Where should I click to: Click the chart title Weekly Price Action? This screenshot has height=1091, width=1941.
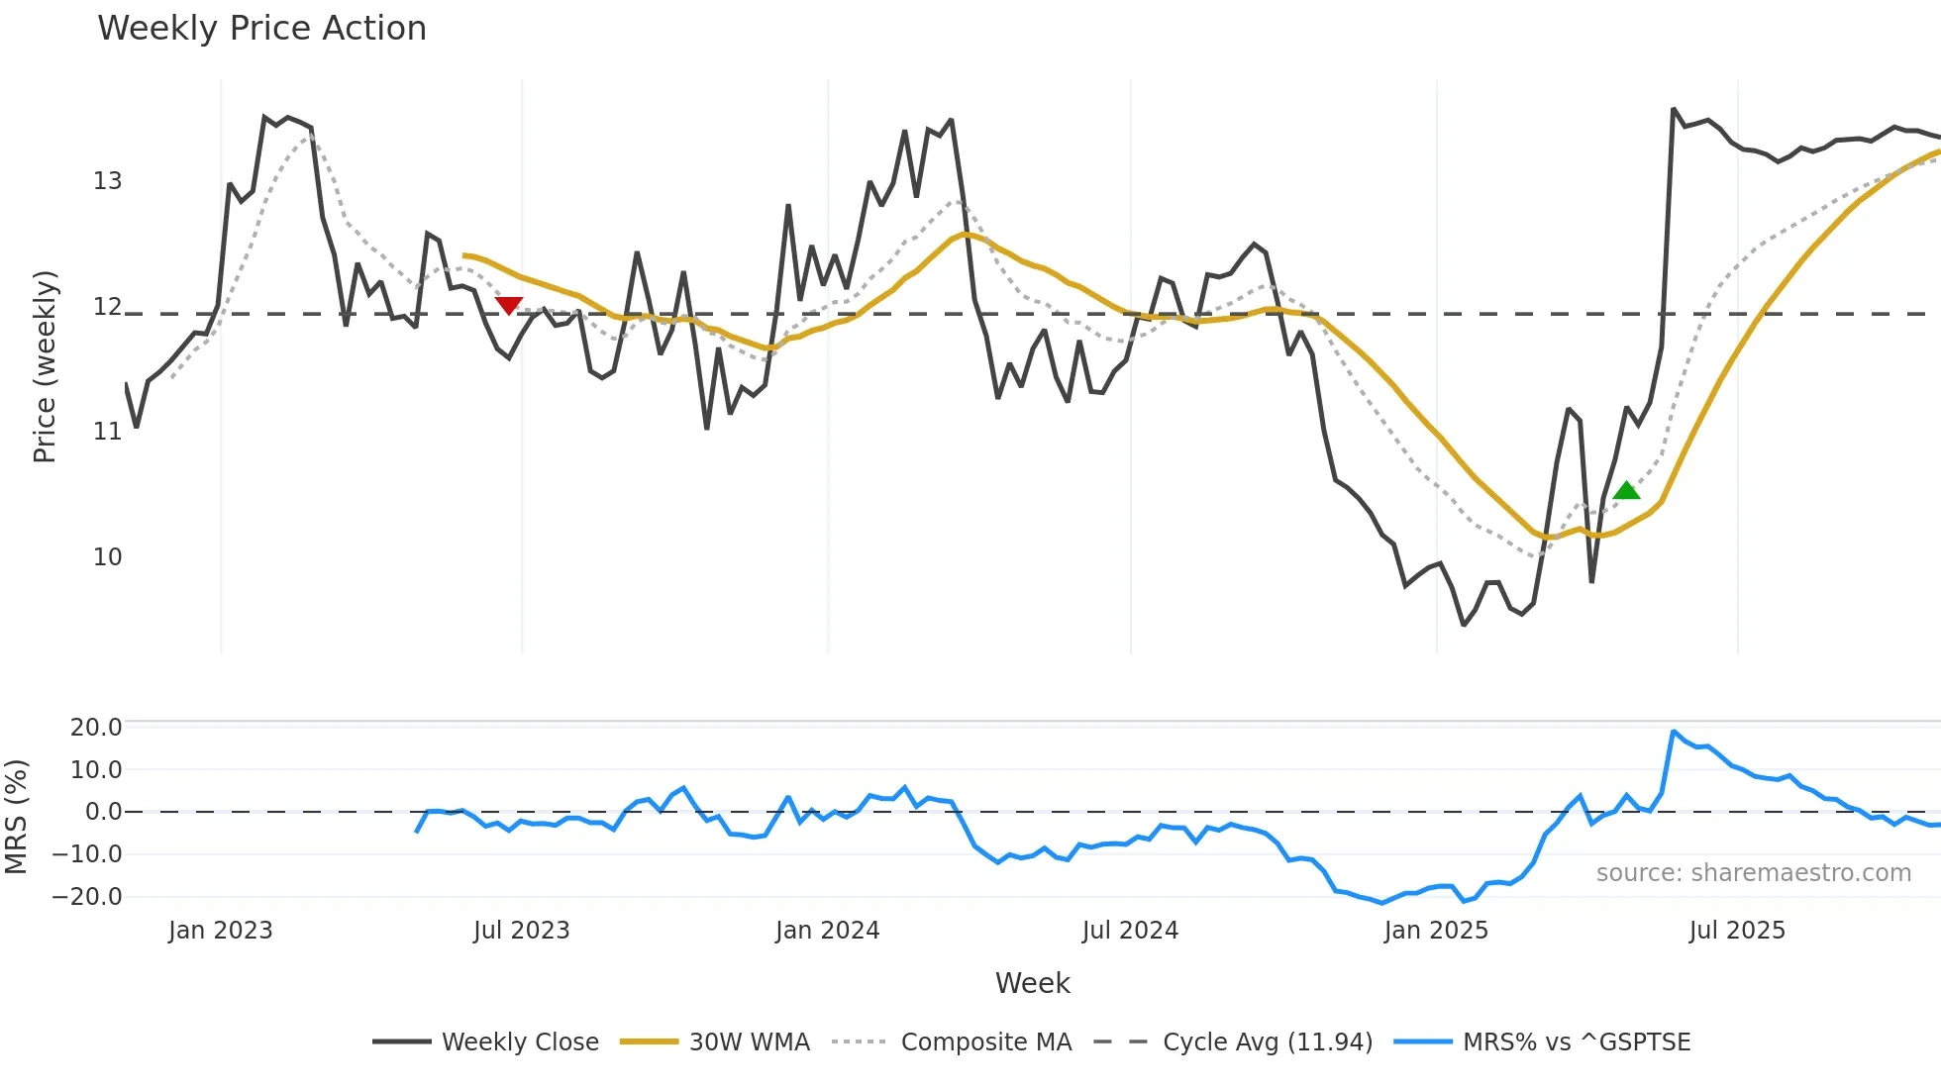point(261,29)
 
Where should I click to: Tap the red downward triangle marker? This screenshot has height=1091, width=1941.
point(509,305)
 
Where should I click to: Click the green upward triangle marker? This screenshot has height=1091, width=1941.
point(1626,490)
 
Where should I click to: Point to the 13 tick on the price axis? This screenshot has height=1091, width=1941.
point(107,181)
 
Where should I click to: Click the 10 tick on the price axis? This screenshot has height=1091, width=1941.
point(107,557)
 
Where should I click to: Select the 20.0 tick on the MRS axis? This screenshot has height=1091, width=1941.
point(96,728)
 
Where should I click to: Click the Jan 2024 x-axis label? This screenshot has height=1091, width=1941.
point(827,931)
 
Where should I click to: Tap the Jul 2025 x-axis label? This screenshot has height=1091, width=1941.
point(1737,931)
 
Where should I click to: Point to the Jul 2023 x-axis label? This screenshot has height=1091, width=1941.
point(521,931)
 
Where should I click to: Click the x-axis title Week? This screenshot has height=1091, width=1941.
point(1032,983)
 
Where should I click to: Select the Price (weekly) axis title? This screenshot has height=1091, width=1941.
point(45,366)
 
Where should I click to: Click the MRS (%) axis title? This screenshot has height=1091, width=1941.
point(16,817)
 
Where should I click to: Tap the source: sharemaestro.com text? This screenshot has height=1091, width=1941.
point(1753,873)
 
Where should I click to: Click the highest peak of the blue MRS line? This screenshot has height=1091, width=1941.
point(1674,732)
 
